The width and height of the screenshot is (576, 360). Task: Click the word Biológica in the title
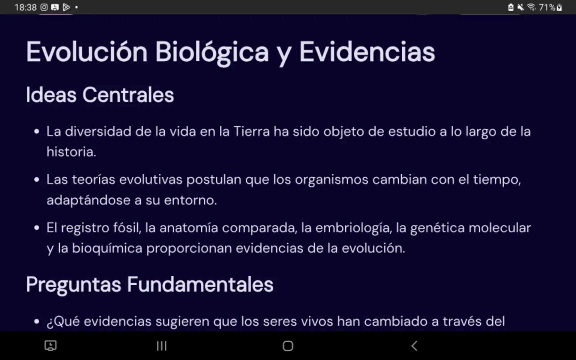(x=212, y=52)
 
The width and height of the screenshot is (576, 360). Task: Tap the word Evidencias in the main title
(x=367, y=52)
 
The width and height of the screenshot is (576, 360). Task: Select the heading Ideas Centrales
(x=100, y=95)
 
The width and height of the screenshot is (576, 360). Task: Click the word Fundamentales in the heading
(x=200, y=285)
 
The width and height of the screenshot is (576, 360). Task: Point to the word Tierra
(x=251, y=132)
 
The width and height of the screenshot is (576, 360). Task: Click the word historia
(x=71, y=152)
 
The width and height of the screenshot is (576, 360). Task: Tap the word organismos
(x=332, y=180)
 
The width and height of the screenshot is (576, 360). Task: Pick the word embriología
(x=353, y=228)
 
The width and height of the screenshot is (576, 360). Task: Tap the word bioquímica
(x=107, y=248)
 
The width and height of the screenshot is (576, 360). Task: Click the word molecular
(x=500, y=228)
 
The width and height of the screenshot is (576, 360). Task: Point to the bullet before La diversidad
(x=37, y=132)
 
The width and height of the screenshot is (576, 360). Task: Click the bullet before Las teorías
(x=37, y=180)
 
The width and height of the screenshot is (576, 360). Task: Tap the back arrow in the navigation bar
(x=414, y=346)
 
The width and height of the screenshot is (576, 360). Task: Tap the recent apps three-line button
(x=162, y=346)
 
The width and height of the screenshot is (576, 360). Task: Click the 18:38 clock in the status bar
(x=25, y=7)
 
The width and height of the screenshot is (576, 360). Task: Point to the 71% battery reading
(x=547, y=7)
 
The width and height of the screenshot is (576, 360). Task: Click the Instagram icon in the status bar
(x=44, y=7)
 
